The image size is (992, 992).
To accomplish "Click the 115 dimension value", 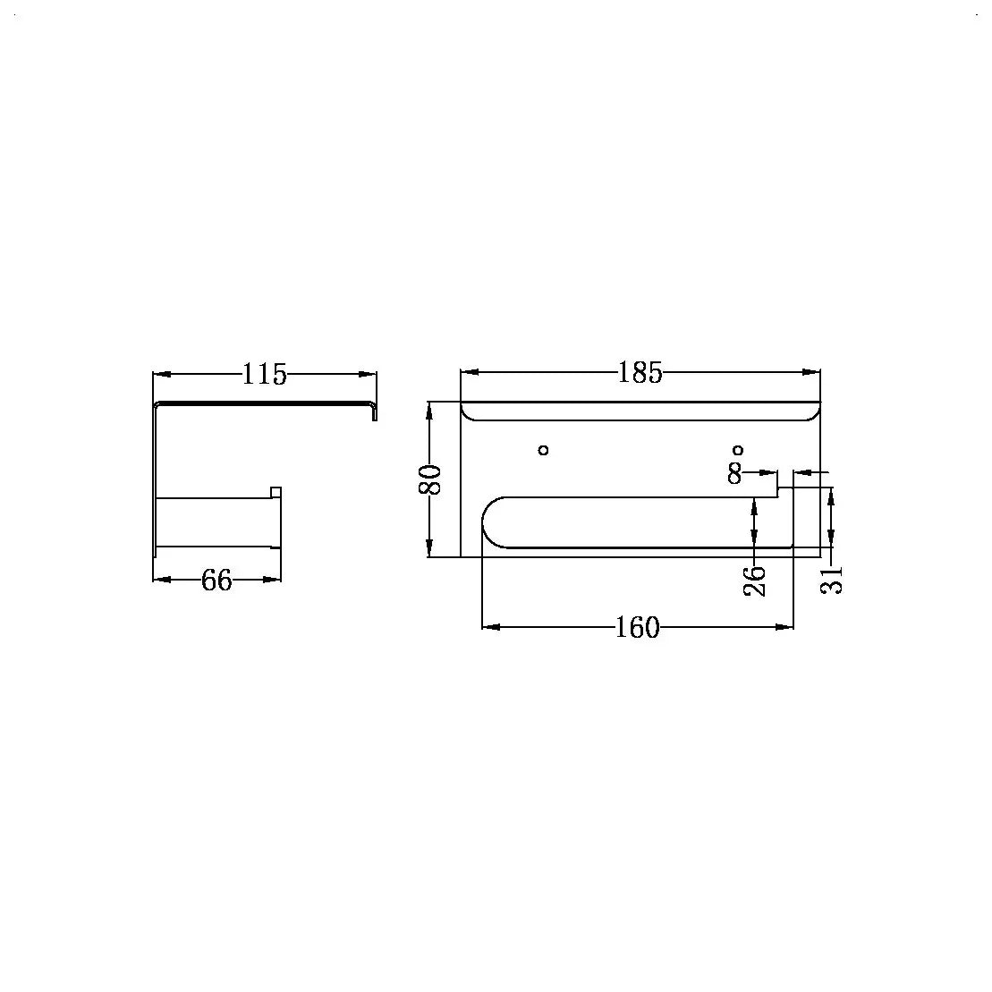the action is pos(265,374).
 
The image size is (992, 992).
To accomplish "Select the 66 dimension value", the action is pos(217,580).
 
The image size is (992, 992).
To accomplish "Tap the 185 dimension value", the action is pos(640,373).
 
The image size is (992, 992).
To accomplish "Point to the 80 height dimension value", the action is pos(430,479).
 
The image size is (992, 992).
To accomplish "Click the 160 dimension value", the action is pos(638,628).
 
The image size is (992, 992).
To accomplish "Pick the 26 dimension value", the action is pos(754,581).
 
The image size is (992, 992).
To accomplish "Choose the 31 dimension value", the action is pos(831,579).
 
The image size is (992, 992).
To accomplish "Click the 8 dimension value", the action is pos(734,472).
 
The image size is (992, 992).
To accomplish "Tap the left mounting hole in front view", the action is pos(543,450).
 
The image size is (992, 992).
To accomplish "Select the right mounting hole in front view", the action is pos(738,450).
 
